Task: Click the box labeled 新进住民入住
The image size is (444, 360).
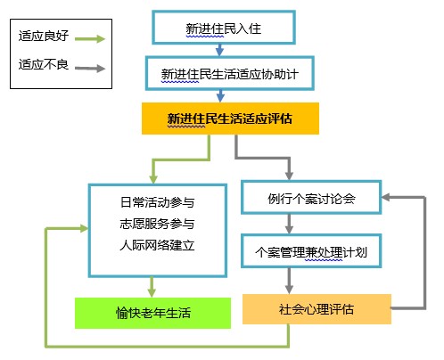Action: (x=224, y=28)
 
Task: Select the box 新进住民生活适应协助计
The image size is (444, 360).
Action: (x=229, y=73)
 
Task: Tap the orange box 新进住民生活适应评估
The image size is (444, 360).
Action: (x=230, y=119)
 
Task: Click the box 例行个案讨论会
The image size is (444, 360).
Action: (x=311, y=197)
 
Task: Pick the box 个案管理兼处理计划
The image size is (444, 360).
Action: (x=311, y=251)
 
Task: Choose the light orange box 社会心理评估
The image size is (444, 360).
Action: (x=317, y=309)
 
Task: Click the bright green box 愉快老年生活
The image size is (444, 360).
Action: (x=152, y=313)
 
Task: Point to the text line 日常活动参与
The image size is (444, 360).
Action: (x=157, y=202)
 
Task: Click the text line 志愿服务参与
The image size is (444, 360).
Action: (x=157, y=224)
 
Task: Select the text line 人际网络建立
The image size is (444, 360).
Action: (x=157, y=245)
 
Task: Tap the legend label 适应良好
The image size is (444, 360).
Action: (x=44, y=36)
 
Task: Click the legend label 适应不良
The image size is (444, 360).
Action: (x=44, y=64)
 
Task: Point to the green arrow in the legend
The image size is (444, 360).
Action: (x=90, y=38)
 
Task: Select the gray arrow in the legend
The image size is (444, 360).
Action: (x=90, y=69)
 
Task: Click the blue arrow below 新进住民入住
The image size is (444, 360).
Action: (x=219, y=50)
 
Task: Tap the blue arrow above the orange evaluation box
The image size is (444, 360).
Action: (x=220, y=96)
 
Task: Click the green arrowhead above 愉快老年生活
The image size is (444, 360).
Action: (x=152, y=292)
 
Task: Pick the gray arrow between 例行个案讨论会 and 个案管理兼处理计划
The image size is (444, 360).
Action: (x=289, y=224)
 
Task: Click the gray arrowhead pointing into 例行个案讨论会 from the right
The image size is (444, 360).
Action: (x=386, y=197)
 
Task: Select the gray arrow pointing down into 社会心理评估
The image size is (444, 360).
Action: (x=289, y=281)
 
